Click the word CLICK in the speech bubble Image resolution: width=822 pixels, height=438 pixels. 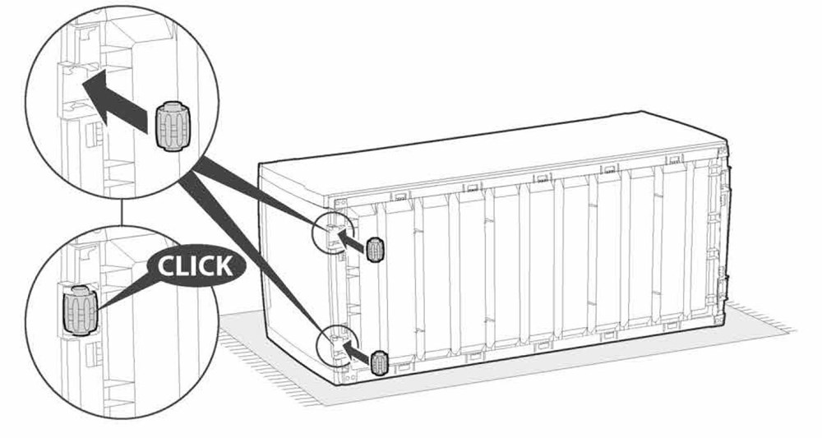click(x=195, y=266)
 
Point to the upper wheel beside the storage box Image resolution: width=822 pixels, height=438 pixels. click(x=374, y=249)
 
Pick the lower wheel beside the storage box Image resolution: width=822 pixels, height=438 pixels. click(x=378, y=363)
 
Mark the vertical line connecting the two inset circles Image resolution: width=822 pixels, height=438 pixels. click(x=122, y=212)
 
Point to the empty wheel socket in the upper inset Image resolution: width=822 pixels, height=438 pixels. click(x=80, y=86)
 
